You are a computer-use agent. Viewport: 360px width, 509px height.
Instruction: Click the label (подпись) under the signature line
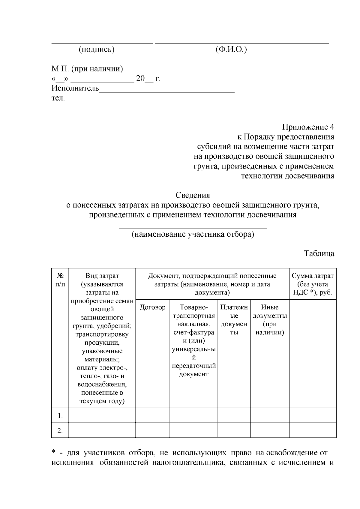point(97,50)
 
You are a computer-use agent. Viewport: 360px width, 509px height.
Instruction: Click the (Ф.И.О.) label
point(231,50)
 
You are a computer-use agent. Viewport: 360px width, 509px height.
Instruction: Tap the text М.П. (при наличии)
point(87,69)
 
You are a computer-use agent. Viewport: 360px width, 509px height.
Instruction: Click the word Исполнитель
point(75,88)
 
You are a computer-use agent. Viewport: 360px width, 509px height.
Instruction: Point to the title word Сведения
point(193,195)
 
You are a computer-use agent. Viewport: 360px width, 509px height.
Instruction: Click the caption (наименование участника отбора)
point(193,234)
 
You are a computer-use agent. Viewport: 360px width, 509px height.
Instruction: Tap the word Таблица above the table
point(319,253)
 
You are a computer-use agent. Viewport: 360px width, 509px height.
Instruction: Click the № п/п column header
point(60,280)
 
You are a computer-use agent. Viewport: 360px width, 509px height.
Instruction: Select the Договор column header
point(152,307)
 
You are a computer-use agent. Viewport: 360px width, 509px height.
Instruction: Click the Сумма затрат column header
point(313,284)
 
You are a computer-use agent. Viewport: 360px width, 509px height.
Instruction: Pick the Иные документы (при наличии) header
point(270,320)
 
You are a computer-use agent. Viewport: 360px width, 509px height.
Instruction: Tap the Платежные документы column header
point(234,320)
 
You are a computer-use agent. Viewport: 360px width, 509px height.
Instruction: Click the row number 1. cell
point(60,416)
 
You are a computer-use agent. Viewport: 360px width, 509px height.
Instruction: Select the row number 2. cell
point(60,431)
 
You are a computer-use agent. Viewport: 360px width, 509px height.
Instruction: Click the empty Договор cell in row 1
point(152,415)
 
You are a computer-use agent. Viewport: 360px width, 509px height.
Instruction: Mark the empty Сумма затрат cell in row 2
point(313,430)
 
